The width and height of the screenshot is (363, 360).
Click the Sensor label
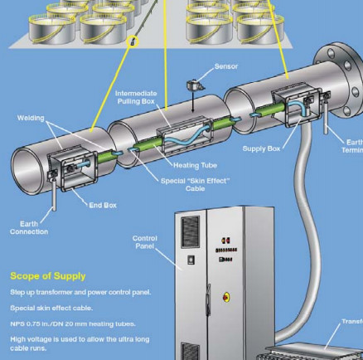point(226,66)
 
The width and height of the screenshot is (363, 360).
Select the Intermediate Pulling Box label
point(136,98)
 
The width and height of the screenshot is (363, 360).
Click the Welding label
point(31,118)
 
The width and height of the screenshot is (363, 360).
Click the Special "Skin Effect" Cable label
point(195,184)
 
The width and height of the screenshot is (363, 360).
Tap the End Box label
point(103,205)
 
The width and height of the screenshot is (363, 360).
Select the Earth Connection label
point(29,227)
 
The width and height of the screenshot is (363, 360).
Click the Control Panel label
point(145,242)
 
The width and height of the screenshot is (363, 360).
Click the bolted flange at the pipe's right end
point(341,64)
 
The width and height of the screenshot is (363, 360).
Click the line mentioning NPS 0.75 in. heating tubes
point(73,323)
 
